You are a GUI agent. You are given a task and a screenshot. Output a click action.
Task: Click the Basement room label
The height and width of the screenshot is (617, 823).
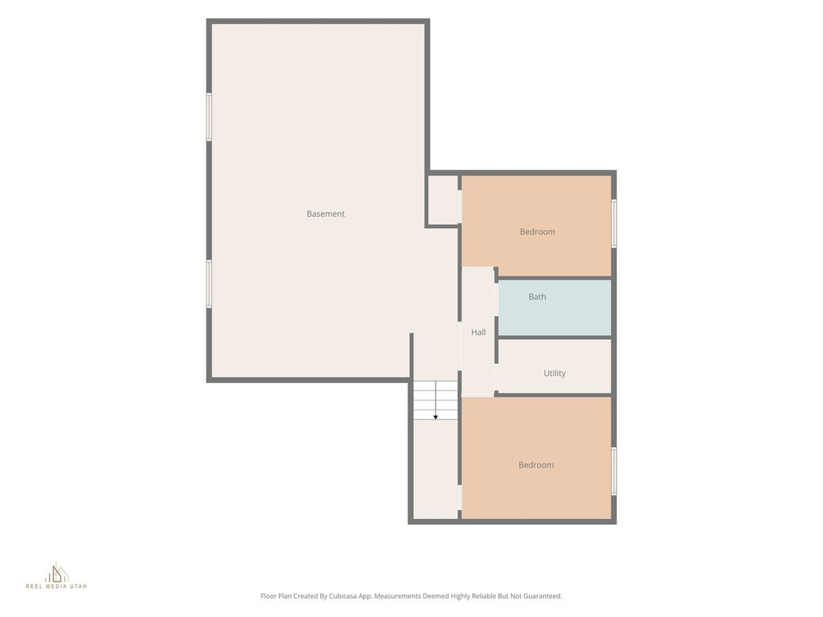tap(326, 214)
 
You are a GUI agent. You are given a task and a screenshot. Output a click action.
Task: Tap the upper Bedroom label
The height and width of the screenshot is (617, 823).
tap(538, 232)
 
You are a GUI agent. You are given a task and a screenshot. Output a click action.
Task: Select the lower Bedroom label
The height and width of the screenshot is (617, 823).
tap(536, 465)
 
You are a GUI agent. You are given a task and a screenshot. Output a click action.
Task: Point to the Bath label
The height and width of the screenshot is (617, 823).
tap(537, 297)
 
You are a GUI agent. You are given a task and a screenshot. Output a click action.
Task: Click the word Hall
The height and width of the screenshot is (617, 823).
tap(478, 332)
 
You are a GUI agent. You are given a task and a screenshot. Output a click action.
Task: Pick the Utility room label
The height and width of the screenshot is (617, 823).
tap(555, 373)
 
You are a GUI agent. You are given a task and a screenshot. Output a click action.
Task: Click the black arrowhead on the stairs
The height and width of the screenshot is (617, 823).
tap(436, 417)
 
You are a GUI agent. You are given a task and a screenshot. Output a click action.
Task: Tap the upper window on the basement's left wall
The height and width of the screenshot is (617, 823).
tap(209, 117)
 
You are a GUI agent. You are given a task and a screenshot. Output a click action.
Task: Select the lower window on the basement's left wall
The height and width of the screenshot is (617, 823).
tap(209, 284)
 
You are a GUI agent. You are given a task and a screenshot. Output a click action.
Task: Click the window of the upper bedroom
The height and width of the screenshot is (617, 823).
tap(613, 223)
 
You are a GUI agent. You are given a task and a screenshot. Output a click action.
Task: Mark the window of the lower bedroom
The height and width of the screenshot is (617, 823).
tap(613, 471)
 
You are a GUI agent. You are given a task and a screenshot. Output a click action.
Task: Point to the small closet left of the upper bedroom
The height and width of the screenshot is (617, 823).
tap(444, 199)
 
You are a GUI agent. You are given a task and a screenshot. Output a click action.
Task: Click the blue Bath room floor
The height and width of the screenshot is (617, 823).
tap(555, 308)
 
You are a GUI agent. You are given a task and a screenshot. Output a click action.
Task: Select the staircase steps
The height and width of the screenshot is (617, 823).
tap(435, 400)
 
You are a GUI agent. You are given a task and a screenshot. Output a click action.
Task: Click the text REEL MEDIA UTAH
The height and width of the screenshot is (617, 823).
tap(57, 586)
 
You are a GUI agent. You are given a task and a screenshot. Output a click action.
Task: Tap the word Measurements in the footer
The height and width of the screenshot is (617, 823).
tap(397, 596)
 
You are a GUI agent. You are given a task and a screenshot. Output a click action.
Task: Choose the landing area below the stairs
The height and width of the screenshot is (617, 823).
tap(435, 468)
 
